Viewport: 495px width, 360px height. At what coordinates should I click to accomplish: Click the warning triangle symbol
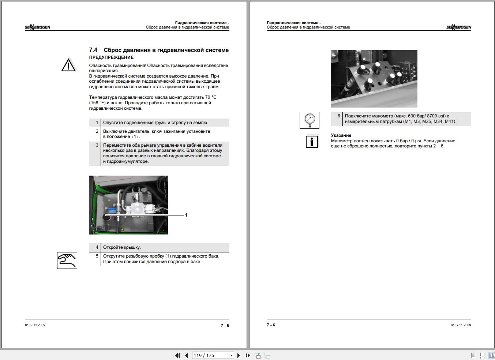[x=68, y=65]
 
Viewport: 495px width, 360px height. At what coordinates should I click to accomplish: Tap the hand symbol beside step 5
[x=67, y=260]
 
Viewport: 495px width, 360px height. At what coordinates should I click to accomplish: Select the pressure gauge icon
[x=310, y=120]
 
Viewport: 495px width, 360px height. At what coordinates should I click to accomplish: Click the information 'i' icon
[x=312, y=142]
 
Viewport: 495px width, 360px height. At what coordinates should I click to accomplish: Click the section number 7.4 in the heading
[x=93, y=50]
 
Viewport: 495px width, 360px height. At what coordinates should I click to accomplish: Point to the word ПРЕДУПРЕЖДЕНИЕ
[x=111, y=57]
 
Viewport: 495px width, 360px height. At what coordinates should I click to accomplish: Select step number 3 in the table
[x=97, y=145]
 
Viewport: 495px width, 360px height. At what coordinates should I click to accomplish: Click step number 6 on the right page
[x=338, y=116]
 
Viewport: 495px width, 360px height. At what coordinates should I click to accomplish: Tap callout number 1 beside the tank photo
[x=186, y=215]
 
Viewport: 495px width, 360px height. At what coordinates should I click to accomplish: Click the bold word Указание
[x=341, y=135]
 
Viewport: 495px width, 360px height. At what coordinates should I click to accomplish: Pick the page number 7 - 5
[x=225, y=326]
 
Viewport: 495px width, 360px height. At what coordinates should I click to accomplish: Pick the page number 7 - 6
[x=271, y=325]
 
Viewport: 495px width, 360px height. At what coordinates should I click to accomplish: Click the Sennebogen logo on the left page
[x=37, y=27]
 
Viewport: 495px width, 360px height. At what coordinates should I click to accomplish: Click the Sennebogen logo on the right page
[x=459, y=27]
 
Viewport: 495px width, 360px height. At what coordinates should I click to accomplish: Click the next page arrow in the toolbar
[x=239, y=355]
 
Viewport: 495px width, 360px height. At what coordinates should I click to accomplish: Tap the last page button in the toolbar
[x=248, y=355]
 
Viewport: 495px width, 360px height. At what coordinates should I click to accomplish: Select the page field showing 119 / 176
[x=213, y=355]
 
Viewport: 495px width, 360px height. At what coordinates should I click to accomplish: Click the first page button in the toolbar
[x=177, y=355]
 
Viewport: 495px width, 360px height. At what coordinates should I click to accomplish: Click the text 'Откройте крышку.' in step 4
[x=122, y=247]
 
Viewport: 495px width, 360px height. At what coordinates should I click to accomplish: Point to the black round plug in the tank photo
[x=107, y=217]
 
